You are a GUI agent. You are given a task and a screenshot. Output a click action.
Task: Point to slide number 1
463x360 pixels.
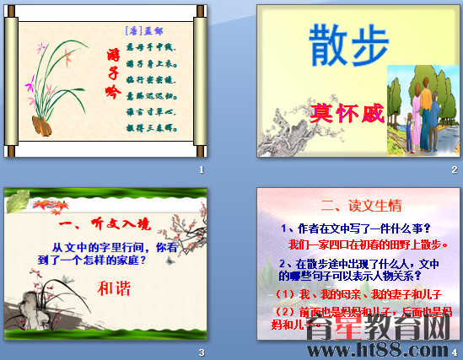point(202,170)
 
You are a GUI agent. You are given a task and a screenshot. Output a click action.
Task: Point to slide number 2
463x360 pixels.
point(455,170)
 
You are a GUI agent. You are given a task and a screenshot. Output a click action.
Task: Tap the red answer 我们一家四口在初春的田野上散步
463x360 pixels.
point(367,244)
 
